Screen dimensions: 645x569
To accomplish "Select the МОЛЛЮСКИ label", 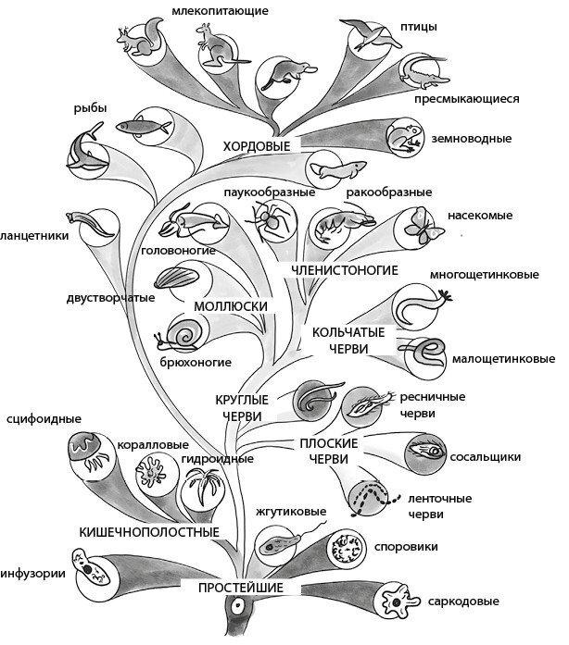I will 232,305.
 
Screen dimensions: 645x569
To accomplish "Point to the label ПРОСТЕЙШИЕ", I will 240,588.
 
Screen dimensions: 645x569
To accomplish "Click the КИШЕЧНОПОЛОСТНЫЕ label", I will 149,532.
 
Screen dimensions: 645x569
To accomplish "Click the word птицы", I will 420,26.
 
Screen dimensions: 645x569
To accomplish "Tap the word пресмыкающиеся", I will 465,98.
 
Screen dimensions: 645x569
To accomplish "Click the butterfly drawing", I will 418,226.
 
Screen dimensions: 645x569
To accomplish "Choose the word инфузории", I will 32,573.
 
